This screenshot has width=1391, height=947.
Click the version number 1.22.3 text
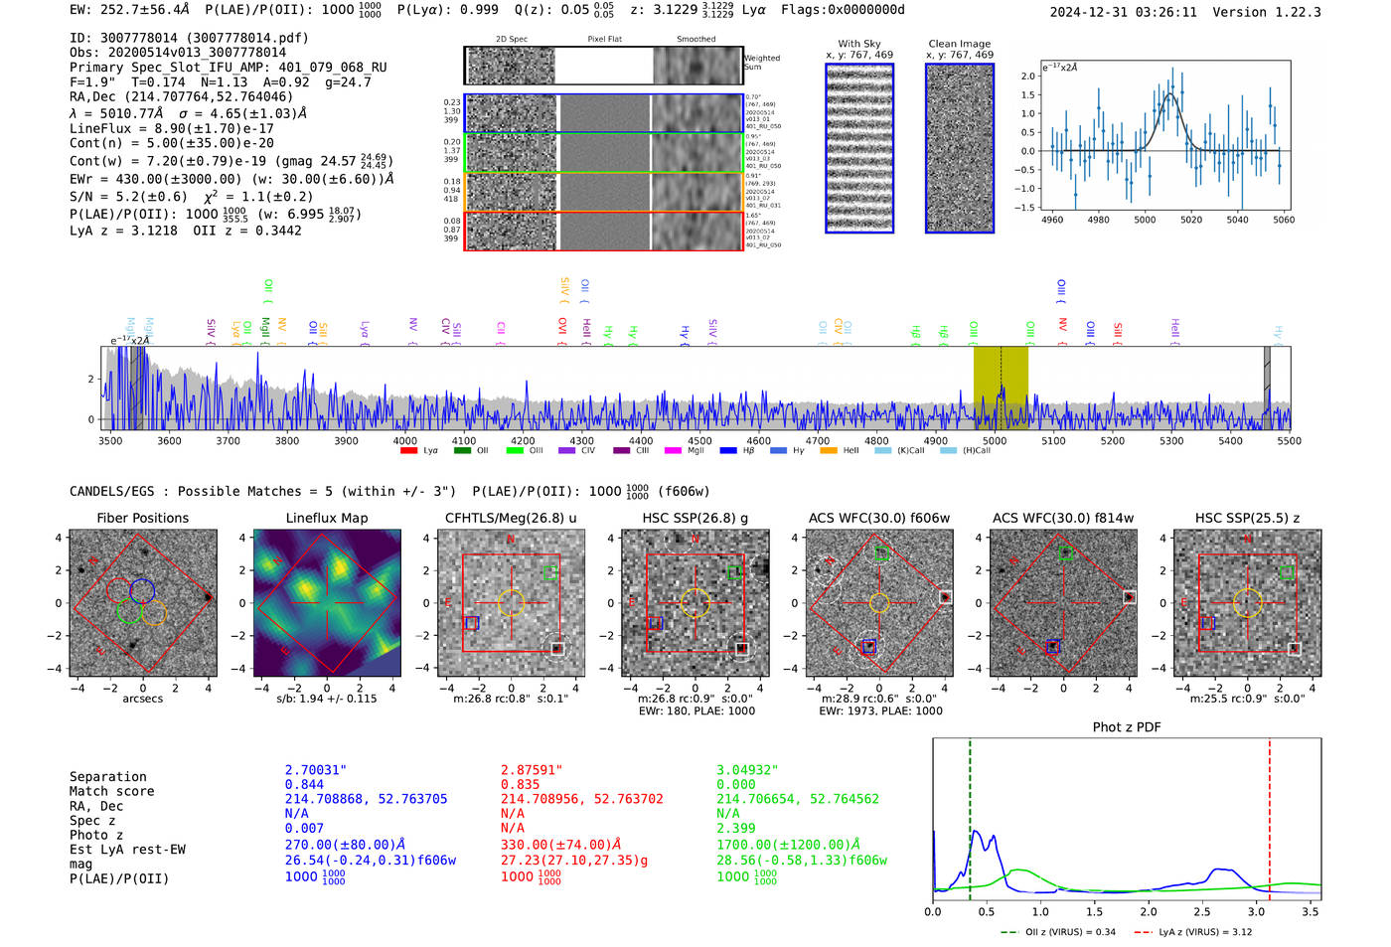[1298, 12]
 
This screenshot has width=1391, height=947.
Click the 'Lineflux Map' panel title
[327, 518]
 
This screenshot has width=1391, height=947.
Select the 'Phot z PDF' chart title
[1127, 727]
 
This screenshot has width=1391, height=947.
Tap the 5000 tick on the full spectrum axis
[994, 440]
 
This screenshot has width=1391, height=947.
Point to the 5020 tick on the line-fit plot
[1190, 220]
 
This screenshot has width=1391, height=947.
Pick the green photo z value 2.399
[736, 828]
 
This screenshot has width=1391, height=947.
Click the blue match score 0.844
[304, 785]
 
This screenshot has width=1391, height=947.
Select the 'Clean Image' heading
[959, 44]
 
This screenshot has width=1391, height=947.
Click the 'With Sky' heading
[859, 44]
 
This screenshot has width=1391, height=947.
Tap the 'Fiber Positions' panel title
[142, 518]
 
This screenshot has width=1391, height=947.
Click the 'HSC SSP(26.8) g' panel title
[695, 518]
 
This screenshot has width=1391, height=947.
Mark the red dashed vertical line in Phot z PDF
[1269, 815]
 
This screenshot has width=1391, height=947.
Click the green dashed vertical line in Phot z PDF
[970, 815]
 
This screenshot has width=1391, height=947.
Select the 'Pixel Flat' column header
[604, 40]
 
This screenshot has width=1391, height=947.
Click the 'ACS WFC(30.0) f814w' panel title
[1062, 518]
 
